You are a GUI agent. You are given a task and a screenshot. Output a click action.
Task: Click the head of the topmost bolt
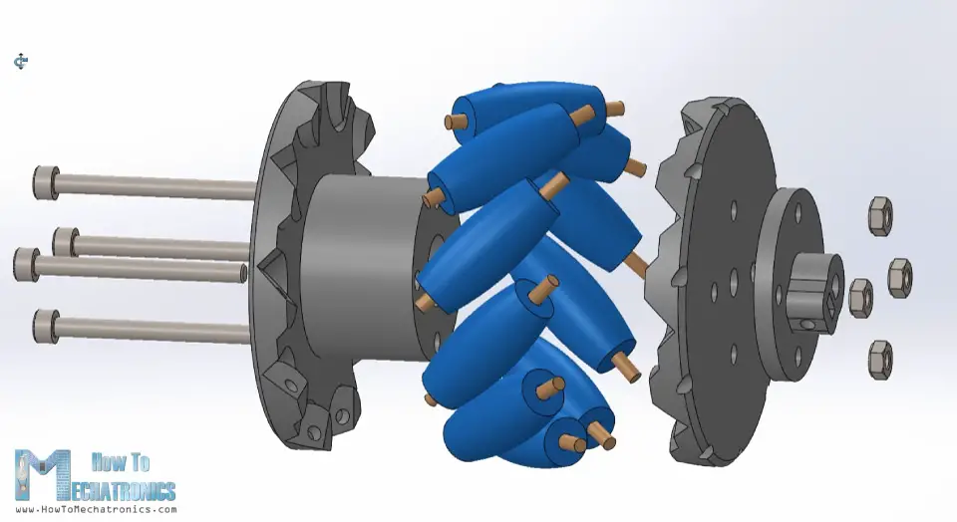[44, 182]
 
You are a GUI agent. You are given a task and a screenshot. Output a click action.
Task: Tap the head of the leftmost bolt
[25, 264]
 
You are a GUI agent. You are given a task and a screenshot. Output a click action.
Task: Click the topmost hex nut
[880, 215]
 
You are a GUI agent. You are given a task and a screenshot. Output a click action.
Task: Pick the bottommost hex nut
[880, 360]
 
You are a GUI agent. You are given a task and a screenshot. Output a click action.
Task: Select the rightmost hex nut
[899, 276]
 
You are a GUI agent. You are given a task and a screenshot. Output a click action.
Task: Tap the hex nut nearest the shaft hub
[859, 297]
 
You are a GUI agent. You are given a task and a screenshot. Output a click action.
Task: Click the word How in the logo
[107, 462]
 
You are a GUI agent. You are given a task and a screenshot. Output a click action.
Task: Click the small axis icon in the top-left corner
[21, 62]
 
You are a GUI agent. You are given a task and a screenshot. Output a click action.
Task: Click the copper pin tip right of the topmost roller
[616, 106]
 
